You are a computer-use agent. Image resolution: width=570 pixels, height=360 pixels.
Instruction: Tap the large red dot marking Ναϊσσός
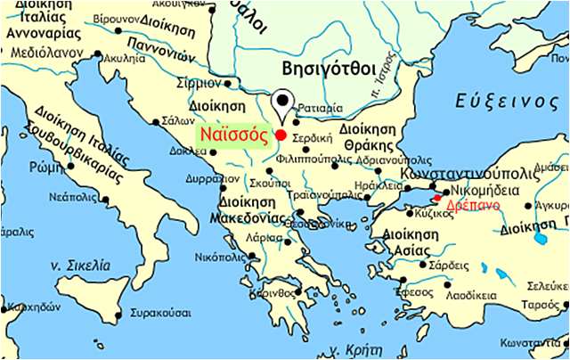tap(281, 135)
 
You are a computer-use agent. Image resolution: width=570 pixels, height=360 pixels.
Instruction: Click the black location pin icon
tap(283, 102)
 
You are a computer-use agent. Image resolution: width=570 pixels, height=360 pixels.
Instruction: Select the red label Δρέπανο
tap(471, 204)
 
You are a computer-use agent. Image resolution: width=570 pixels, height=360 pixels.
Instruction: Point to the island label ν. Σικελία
tap(79, 265)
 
